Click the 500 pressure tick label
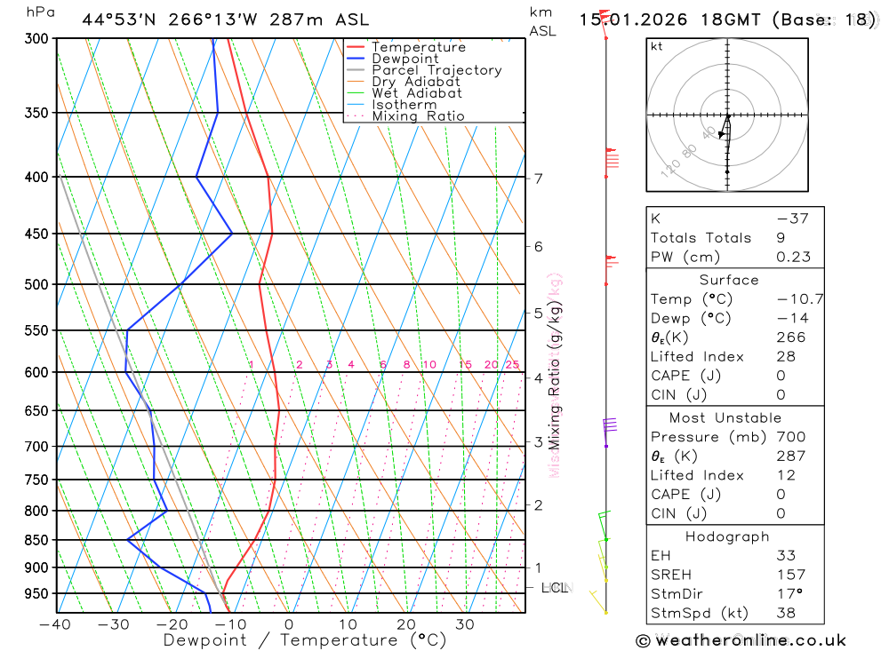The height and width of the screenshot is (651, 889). pos(36,285)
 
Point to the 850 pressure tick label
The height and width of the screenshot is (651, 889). pos(36,541)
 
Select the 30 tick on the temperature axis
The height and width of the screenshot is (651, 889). pos(465,624)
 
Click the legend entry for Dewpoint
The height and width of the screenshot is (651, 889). pos(404,60)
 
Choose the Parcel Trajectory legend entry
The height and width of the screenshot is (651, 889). pos(436,70)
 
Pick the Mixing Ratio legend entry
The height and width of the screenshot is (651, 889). pos(418,116)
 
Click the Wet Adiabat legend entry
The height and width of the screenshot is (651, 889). pos(417,93)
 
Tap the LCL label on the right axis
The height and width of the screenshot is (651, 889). pos(554,588)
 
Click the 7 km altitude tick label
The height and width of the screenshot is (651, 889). pos(538,179)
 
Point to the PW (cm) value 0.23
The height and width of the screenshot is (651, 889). pos(793,258)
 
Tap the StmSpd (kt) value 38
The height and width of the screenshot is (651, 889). pos(786,614)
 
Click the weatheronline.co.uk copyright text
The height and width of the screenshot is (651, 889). pos(741,640)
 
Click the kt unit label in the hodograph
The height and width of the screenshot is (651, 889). pos(657,46)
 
